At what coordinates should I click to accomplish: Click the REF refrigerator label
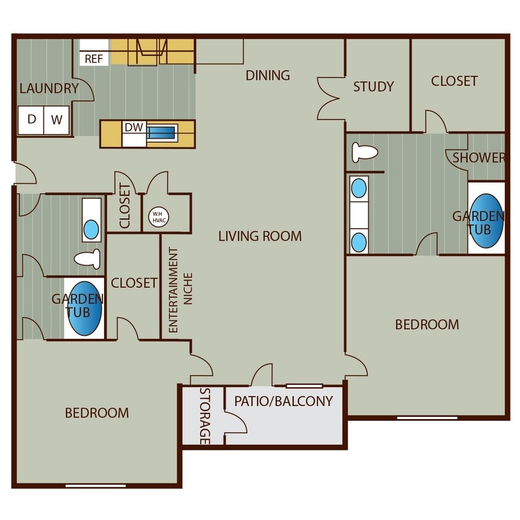point(94,59)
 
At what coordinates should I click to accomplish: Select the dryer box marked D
point(31,120)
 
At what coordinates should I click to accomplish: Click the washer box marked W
point(57,120)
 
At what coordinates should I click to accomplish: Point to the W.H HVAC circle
point(158,216)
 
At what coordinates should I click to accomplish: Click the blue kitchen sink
point(161,132)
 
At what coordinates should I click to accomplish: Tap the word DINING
point(267,75)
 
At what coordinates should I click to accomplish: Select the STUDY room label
point(373,87)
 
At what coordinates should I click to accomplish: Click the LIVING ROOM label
point(260,236)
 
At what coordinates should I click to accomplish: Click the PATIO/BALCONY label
point(283,401)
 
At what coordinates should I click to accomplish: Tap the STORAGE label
point(205,416)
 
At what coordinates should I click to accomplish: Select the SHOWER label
point(479,158)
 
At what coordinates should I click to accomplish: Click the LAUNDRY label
point(49,88)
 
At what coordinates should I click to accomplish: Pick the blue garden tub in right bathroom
point(485,221)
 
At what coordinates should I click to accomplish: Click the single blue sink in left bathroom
point(91,230)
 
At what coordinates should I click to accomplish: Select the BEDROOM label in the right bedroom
point(427,324)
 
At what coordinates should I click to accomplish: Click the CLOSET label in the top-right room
point(454,81)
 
